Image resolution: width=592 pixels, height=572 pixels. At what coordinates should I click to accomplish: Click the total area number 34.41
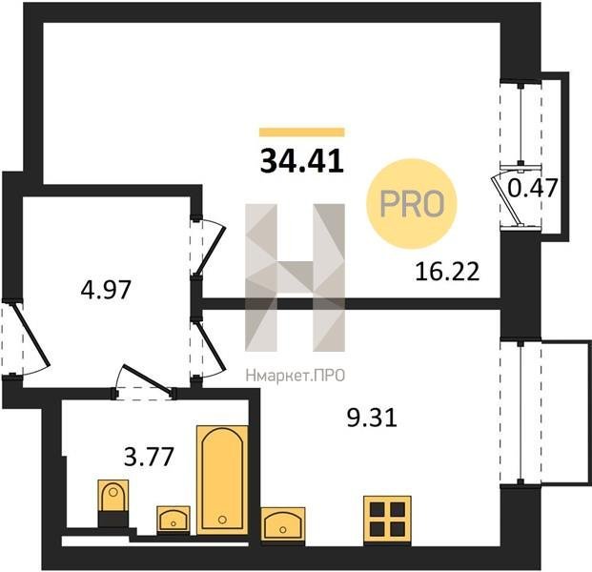pos(302,160)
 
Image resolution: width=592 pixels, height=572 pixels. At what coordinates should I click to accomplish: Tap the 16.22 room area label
pos(447,271)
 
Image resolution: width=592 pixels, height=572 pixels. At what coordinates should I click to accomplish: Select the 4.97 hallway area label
pos(106,290)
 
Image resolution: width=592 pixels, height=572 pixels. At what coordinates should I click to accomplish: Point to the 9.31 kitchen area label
pos(372,418)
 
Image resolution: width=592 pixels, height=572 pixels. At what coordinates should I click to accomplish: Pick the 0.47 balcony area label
pos(532,188)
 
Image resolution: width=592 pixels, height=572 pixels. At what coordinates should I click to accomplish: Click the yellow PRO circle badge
pos(412,203)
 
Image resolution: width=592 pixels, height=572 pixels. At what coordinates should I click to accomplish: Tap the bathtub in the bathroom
pos(222,480)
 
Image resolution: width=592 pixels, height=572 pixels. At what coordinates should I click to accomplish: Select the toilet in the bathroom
pos(112,503)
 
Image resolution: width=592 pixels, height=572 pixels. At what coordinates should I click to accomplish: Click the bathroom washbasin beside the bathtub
pos(174,520)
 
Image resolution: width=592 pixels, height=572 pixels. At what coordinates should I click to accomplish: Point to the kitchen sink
pos(283,524)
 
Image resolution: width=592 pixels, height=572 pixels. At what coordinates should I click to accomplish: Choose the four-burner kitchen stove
pos(387,521)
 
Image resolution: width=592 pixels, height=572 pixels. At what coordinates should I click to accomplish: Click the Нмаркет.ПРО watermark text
pos(296,376)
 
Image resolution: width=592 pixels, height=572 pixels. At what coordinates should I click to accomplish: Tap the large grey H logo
pos(295,277)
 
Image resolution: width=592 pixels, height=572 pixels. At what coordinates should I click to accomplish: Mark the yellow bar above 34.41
pos(302,132)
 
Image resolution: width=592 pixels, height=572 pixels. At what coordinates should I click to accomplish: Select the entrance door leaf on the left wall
pos(31,334)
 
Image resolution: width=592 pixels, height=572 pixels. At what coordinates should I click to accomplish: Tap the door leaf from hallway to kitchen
pos(210,345)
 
